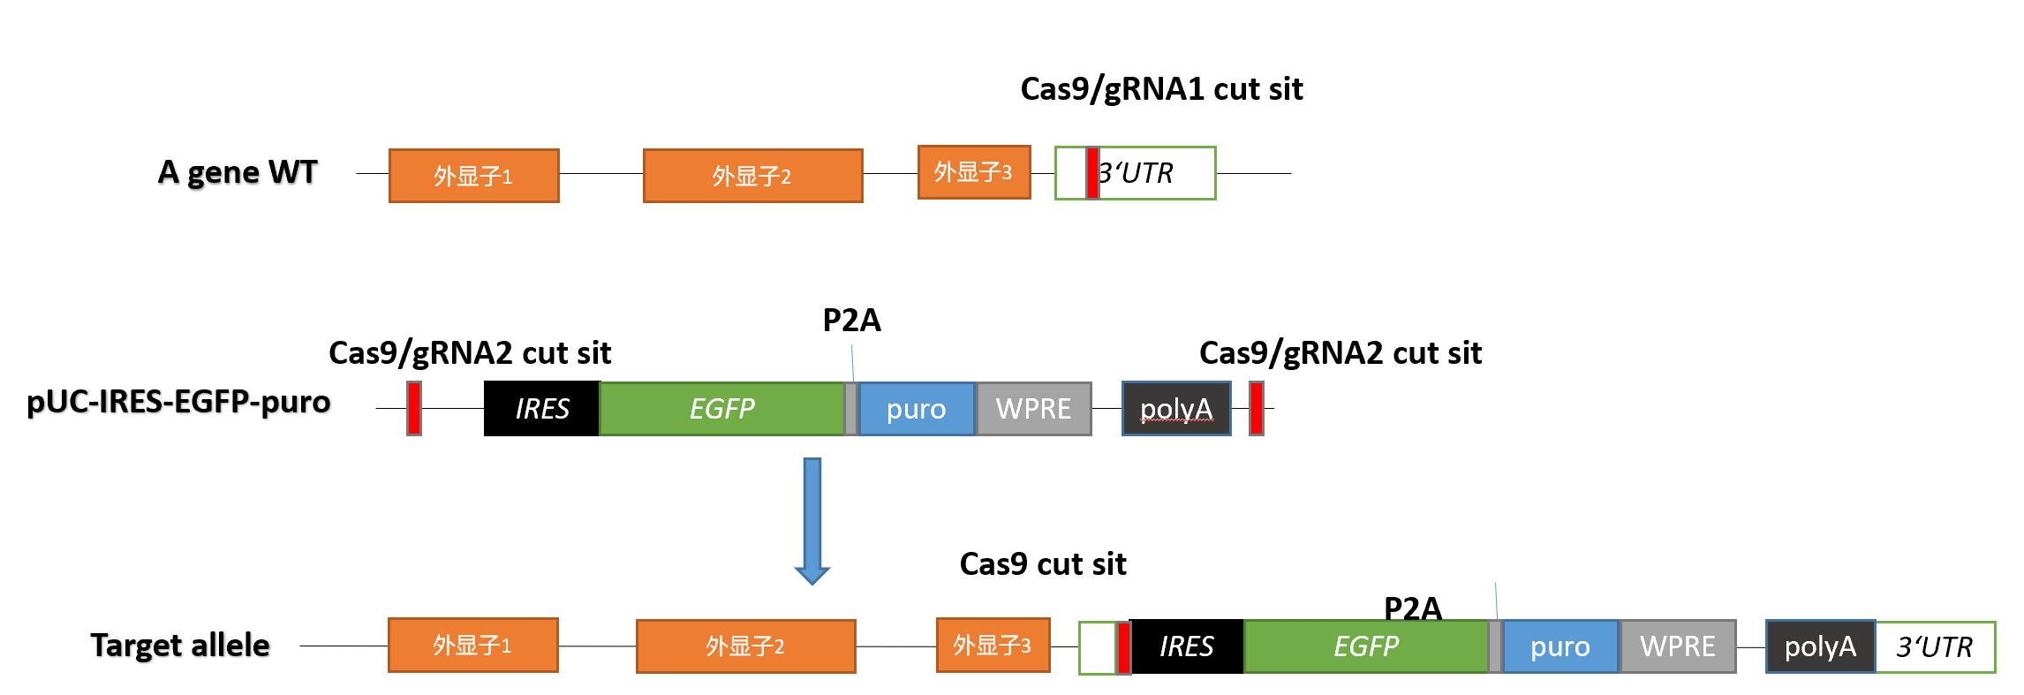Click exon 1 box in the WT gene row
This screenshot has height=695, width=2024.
473,176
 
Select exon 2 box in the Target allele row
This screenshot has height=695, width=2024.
745,646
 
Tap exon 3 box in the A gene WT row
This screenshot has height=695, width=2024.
973,172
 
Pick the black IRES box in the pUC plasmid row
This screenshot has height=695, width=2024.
541,409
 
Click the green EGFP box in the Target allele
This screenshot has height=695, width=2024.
1365,646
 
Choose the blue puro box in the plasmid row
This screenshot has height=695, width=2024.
917,409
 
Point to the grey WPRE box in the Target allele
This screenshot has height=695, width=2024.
1677,646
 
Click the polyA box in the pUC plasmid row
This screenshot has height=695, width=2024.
1176,409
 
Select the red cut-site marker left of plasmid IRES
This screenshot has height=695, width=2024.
413,409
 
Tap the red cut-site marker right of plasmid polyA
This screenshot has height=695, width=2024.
1256,409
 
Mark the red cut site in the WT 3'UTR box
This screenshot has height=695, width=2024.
1092,173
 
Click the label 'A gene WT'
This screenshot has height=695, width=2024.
237,172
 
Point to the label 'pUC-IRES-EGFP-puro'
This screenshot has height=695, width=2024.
178,402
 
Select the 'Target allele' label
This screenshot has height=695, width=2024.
180,646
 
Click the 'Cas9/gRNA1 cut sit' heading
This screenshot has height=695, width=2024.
1161,89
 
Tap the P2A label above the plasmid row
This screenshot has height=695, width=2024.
851,321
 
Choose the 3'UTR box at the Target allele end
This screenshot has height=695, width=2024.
1934,647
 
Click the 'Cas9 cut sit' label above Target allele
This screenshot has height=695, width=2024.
1042,564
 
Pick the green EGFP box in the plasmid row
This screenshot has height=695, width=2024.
721,409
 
